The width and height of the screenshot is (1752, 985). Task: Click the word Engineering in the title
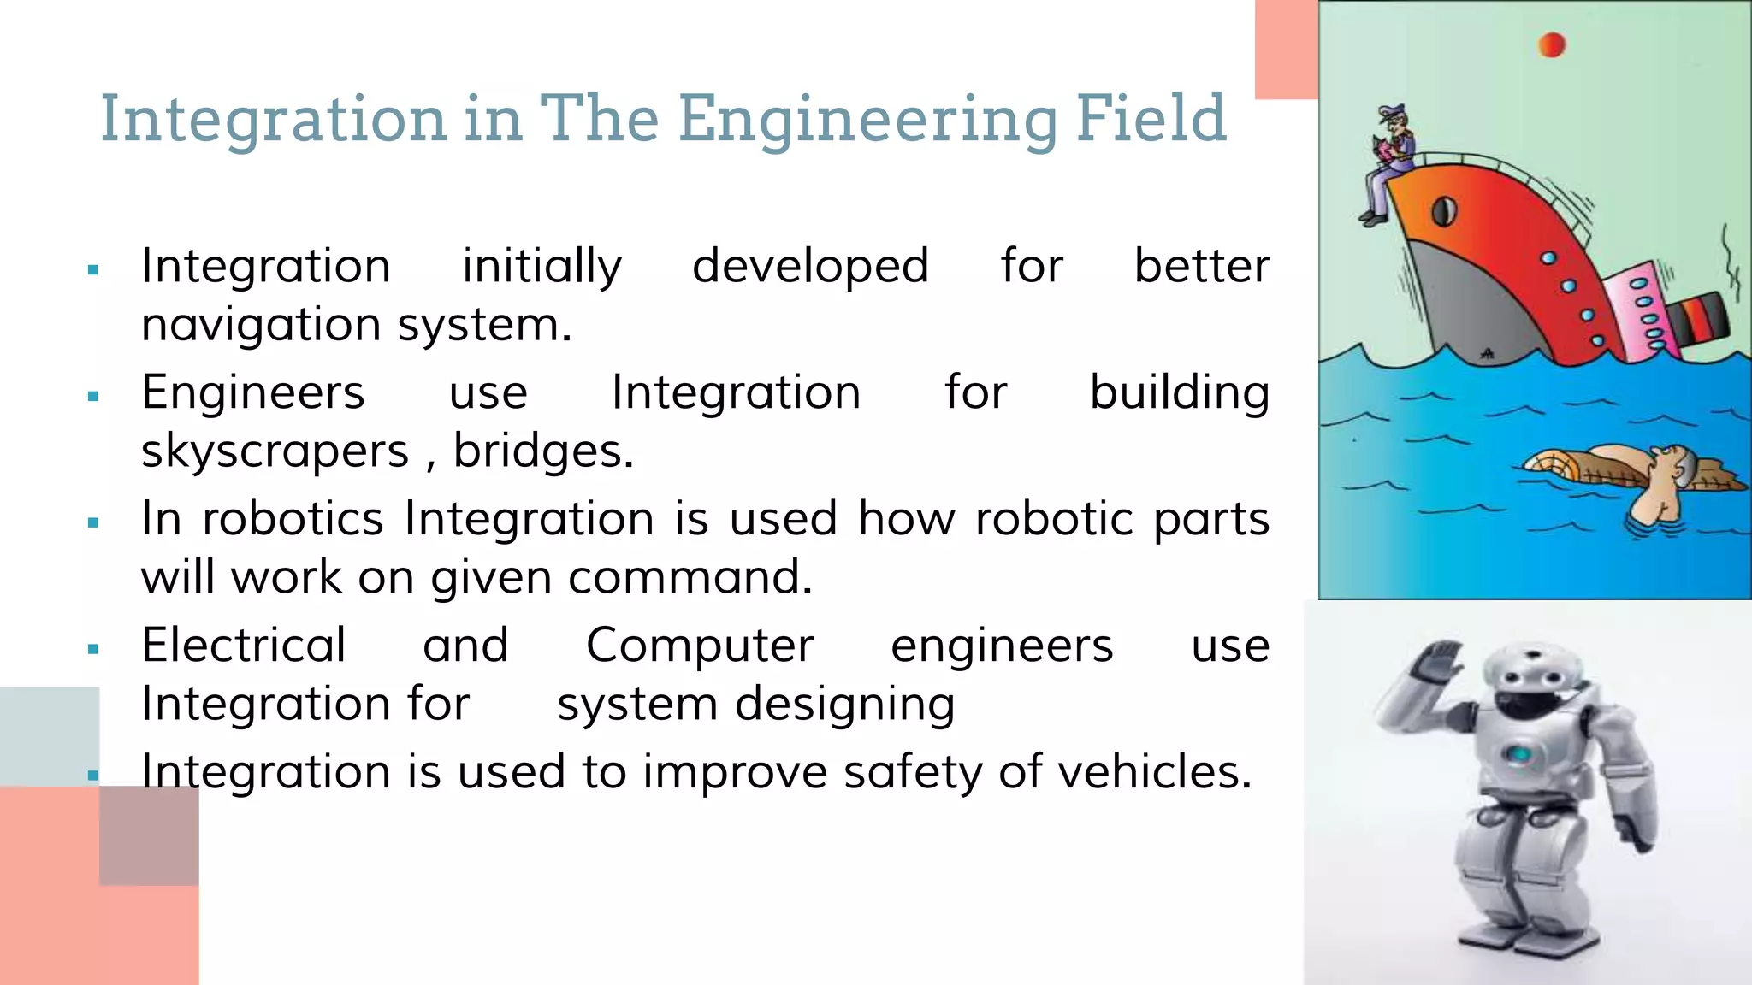pos(867,120)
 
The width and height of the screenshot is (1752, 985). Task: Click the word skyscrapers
pos(275,451)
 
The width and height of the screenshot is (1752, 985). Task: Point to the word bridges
pos(542,451)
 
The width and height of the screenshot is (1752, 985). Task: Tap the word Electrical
pos(244,645)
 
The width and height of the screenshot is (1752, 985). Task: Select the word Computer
pos(700,646)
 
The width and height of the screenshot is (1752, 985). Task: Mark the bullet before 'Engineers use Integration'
pos(93,396)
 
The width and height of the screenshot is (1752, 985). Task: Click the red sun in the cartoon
pos(1551,44)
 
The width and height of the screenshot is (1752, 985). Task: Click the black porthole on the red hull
pos(1444,210)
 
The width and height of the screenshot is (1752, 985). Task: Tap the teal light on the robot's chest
pos(1519,755)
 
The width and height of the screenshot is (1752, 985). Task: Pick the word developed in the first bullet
pos(810,266)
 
